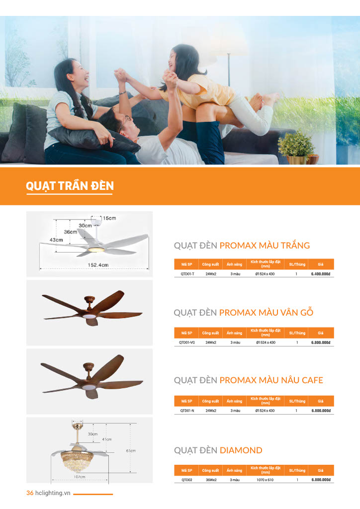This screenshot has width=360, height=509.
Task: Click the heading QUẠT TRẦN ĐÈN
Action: [70, 186]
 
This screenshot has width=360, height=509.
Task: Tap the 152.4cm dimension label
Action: [98, 265]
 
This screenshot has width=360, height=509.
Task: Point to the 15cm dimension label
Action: [109, 218]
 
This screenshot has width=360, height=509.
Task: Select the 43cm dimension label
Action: [56, 240]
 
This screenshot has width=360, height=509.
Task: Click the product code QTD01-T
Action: [187, 274]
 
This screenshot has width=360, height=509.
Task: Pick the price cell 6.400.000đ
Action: [320, 274]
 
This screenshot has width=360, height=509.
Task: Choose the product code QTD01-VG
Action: [186, 342]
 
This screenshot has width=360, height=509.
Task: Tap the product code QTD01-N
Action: [187, 411]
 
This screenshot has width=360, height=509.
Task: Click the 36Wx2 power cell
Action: [211, 480]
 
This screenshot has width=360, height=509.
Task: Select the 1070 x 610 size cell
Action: [265, 480]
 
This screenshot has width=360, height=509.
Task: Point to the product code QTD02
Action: [187, 480]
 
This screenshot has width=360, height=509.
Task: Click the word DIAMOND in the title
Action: [241, 450]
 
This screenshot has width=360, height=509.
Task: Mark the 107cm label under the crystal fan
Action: [79, 477]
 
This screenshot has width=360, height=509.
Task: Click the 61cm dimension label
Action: [131, 450]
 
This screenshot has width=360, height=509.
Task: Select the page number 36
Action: [30, 493]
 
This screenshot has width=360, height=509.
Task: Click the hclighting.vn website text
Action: [53, 493]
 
